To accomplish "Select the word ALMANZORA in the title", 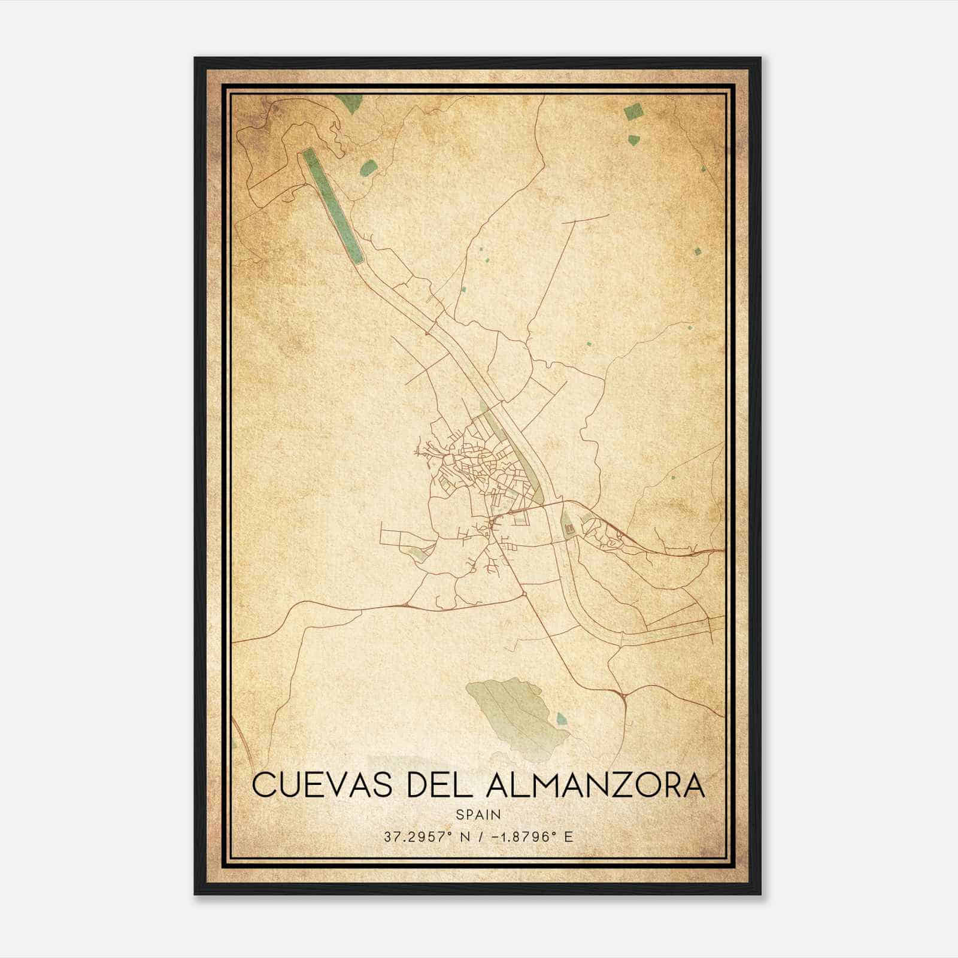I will click(x=596, y=785).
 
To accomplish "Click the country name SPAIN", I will click(x=478, y=814).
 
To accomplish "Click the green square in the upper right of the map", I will click(x=632, y=111).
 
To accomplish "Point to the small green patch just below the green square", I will click(x=633, y=140).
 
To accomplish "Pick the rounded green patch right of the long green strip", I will click(x=369, y=168).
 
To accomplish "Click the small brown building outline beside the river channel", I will click(x=569, y=529).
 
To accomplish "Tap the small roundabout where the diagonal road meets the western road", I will click(x=524, y=593).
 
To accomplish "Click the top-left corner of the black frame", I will click(x=195, y=58).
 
